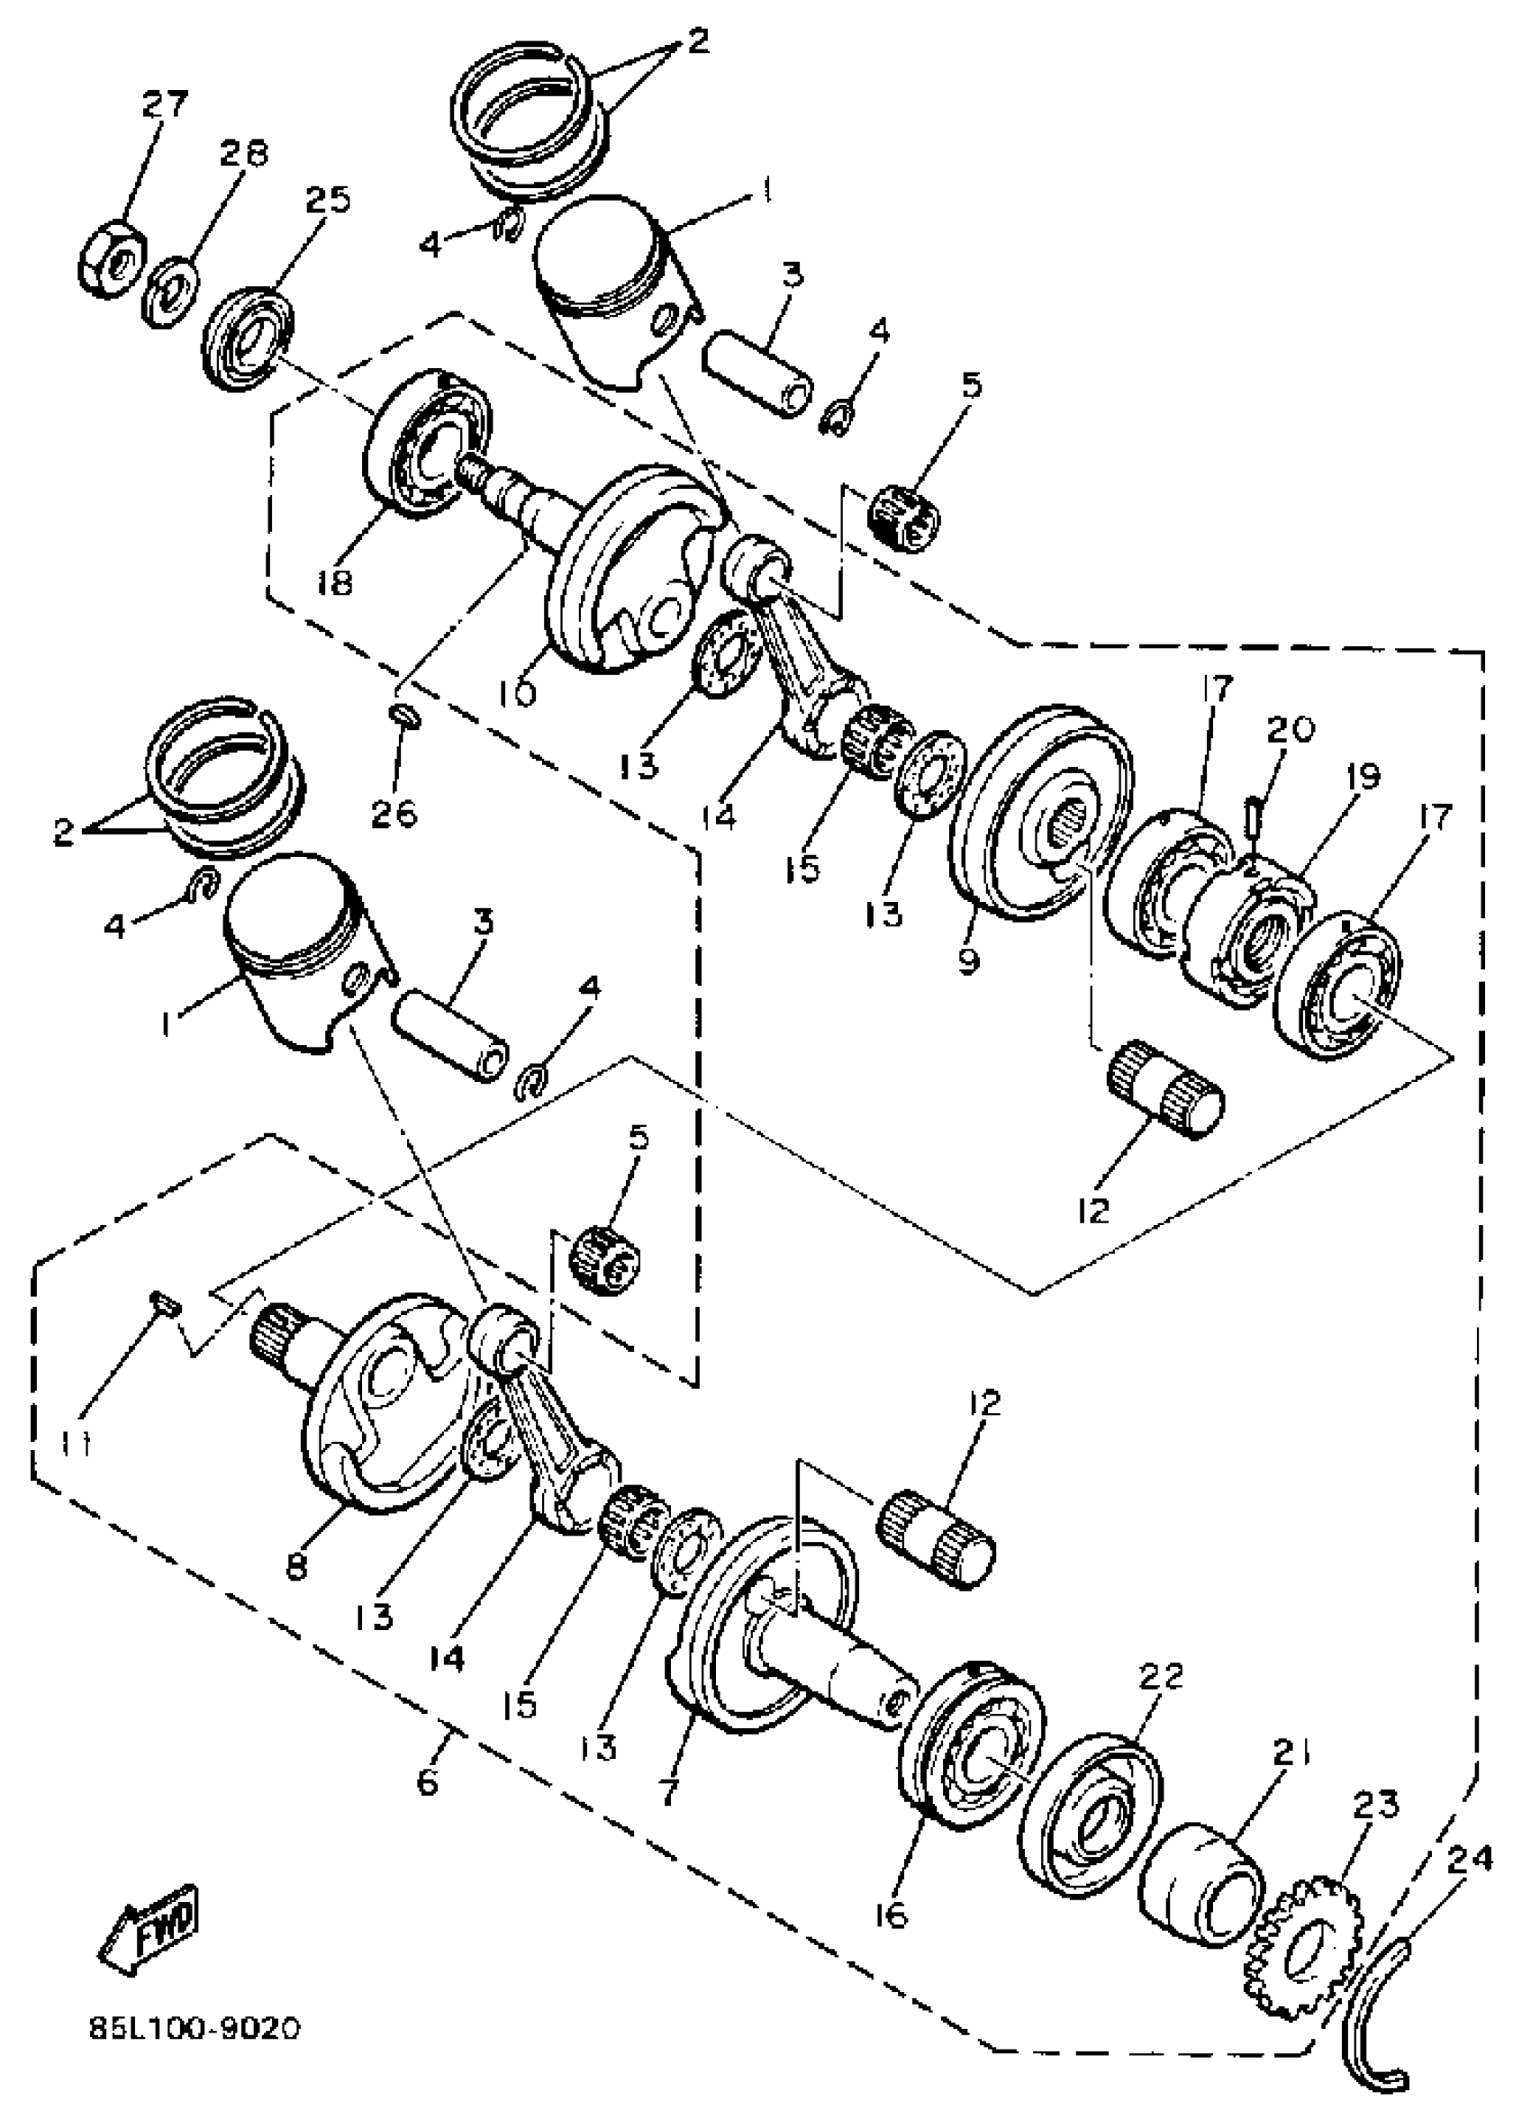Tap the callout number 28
(x=244, y=152)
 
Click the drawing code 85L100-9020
(x=195, y=2047)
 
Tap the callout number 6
(x=427, y=1780)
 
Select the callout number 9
(x=967, y=960)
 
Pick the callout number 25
(x=328, y=200)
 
